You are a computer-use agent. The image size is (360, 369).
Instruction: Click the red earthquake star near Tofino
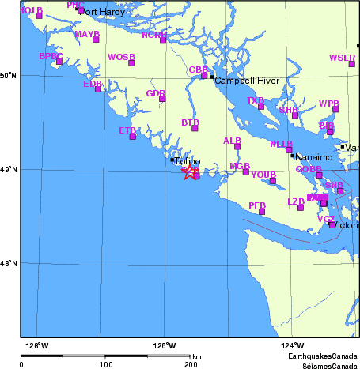click(188, 173)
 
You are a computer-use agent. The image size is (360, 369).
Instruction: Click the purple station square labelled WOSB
click(131, 63)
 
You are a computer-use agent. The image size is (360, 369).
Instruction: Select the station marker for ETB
click(132, 137)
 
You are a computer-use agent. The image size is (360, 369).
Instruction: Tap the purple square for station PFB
click(262, 211)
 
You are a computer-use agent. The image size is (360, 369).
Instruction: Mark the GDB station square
click(162, 99)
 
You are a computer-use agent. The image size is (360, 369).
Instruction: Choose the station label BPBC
click(50, 56)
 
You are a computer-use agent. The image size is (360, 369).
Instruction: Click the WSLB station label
click(342, 58)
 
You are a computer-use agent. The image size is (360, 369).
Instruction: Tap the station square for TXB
click(261, 106)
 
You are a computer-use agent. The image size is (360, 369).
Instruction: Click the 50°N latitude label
click(9, 76)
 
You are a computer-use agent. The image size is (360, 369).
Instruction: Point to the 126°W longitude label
click(164, 345)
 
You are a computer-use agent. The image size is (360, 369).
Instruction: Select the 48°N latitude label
click(9, 264)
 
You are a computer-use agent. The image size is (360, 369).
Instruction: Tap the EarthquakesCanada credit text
click(321, 357)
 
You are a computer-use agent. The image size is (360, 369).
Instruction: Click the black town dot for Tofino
click(172, 160)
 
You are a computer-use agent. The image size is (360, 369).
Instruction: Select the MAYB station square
click(96, 40)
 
